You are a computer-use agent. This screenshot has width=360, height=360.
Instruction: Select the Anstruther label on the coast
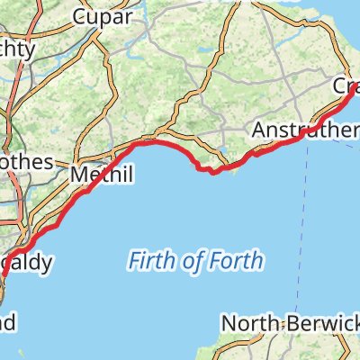[x=305, y=131]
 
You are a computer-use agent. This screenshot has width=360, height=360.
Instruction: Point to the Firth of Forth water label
[x=196, y=262]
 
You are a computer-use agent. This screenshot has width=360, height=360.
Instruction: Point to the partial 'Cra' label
[x=346, y=86]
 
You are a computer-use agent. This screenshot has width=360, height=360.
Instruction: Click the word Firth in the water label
[x=151, y=262]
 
